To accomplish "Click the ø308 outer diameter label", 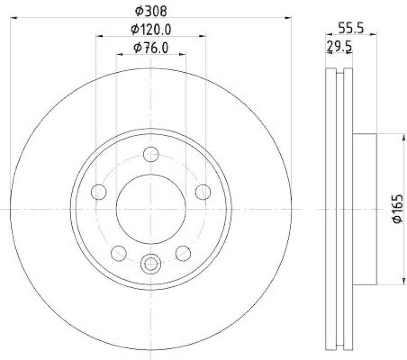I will pyautogui.click(x=151, y=10).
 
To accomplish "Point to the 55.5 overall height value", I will pyautogui.click(x=351, y=29).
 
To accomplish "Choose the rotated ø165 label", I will pyautogui.click(x=397, y=208).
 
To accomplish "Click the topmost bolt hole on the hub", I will pyautogui.click(x=151, y=153).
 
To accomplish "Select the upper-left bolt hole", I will pyautogui.click(x=99, y=191).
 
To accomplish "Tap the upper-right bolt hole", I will pyautogui.click(x=203, y=191).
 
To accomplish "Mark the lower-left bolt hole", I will pyautogui.click(x=119, y=253).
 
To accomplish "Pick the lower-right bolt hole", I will pyautogui.click(x=183, y=253).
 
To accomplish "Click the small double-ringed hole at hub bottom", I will pyautogui.click(x=151, y=263).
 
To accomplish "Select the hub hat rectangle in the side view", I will pyautogui.click(x=364, y=209).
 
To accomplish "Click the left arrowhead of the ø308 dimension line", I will pyautogui.click(x=13, y=17).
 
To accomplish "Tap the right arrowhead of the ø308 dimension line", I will pyautogui.click(x=289, y=17).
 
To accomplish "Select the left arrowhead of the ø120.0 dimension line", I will pyautogui.click(x=99, y=36).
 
